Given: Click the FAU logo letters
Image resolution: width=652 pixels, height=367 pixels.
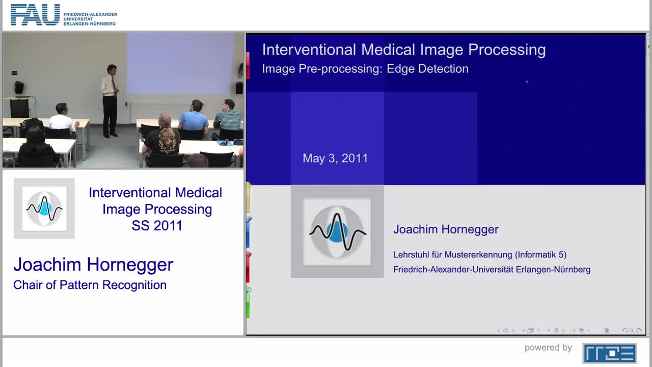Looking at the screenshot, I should coord(35,15).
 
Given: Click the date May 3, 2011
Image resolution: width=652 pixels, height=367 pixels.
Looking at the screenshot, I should coord(335,158).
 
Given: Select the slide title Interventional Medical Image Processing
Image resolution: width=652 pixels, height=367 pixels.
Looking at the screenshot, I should coord(403,49).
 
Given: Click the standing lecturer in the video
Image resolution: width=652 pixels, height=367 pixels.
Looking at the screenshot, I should coord(110,100).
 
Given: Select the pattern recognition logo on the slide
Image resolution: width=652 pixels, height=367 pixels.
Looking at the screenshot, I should coord(337,232).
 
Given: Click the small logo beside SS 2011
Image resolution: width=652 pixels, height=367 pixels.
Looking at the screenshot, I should coord(44,208).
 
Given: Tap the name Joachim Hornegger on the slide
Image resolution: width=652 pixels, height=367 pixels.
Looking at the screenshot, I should coord(446,229).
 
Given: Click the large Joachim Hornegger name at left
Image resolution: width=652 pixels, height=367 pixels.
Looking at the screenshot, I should coord(93,264).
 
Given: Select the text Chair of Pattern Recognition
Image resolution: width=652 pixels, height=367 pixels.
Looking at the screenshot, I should coord(90,285).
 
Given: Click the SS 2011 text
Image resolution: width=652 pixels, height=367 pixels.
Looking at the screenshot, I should coord(157,225).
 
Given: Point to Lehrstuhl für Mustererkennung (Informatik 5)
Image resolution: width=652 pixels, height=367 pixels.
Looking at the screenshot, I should coord(479,254).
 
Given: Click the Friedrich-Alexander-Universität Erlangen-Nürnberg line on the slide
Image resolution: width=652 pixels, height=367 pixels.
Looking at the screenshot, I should coord(492,269).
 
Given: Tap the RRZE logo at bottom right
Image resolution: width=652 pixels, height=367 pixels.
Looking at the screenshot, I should coord(609,353).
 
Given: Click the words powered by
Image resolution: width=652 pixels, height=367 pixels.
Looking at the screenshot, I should coord(548,348).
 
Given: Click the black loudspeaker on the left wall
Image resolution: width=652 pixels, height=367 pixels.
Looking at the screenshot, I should coord(19,87).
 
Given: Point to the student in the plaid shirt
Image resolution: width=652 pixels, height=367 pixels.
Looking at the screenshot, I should coord(228,117).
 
